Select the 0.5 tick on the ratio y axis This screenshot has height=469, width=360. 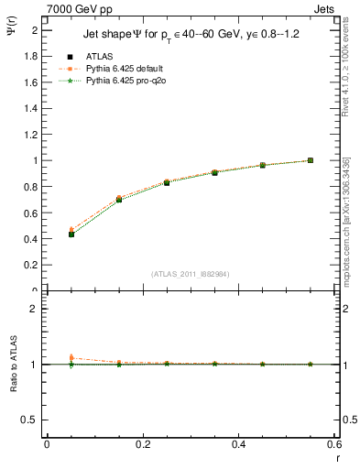click(x=32, y=420)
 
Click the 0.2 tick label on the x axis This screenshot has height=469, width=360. click(x=142, y=443)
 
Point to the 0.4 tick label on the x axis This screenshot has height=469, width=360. click(x=238, y=443)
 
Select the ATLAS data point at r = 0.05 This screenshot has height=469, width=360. click(x=71, y=234)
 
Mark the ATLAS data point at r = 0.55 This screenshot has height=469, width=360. click(x=311, y=160)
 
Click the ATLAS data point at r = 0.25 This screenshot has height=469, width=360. click(x=167, y=182)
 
